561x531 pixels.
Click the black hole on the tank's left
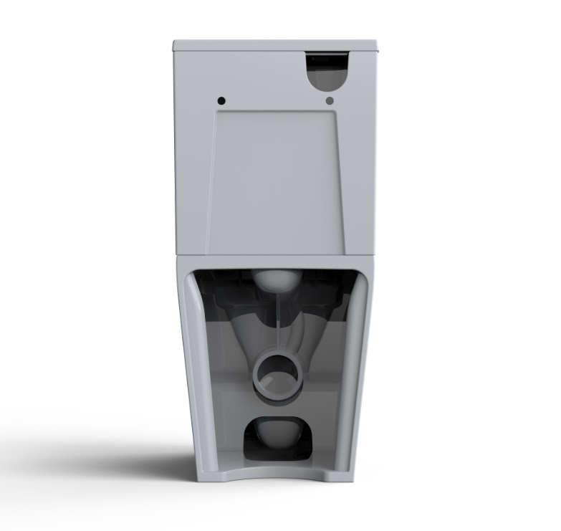click(221, 99)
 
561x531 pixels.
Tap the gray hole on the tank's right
click(329, 100)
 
